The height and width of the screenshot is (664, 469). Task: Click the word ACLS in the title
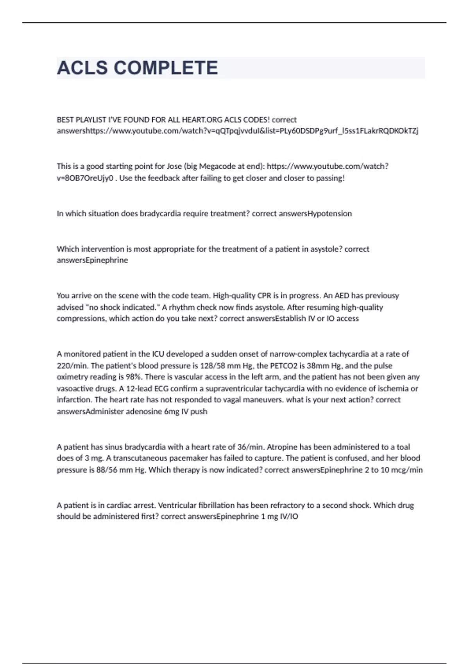pyautogui.click(x=82, y=68)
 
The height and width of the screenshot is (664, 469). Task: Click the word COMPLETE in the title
pyautogui.click(x=166, y=68)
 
